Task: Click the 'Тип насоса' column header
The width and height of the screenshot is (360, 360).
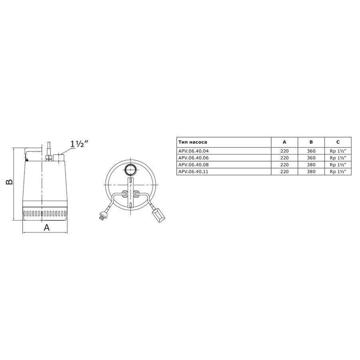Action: click(193, 142)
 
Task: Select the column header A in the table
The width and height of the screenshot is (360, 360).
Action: click(284, 142)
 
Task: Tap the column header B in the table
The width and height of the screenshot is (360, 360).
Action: click(311, 142)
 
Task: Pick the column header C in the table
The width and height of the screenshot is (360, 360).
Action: click(338, 142)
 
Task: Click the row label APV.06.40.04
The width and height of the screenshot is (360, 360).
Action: click(194, 151)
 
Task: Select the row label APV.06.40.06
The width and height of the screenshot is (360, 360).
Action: click(194, 158)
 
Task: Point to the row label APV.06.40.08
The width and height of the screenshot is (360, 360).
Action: click(194, 165)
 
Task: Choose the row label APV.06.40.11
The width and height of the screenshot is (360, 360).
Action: click(193, 172)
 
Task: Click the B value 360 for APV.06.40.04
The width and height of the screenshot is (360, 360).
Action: click(311, 151)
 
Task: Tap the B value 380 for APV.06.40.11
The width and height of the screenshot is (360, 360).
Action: click(311, 172)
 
